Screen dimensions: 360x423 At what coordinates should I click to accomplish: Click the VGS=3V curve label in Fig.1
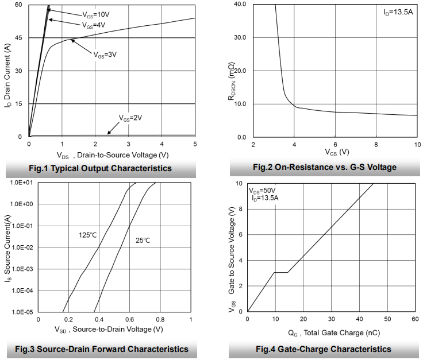pos(105,55)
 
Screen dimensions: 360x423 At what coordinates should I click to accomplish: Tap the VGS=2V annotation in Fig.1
pos(130,117)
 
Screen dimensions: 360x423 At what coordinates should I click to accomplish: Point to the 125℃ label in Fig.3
pos(89,235)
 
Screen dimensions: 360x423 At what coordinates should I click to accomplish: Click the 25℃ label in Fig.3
pos(143,240)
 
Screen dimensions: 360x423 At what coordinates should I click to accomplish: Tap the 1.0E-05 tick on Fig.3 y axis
pos(19,312)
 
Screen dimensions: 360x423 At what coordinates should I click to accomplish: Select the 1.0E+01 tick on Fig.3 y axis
pos(19,183)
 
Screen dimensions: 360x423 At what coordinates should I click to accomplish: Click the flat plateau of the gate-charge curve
pos(280,272)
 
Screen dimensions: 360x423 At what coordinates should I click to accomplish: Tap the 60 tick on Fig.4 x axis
pos(415,319)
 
